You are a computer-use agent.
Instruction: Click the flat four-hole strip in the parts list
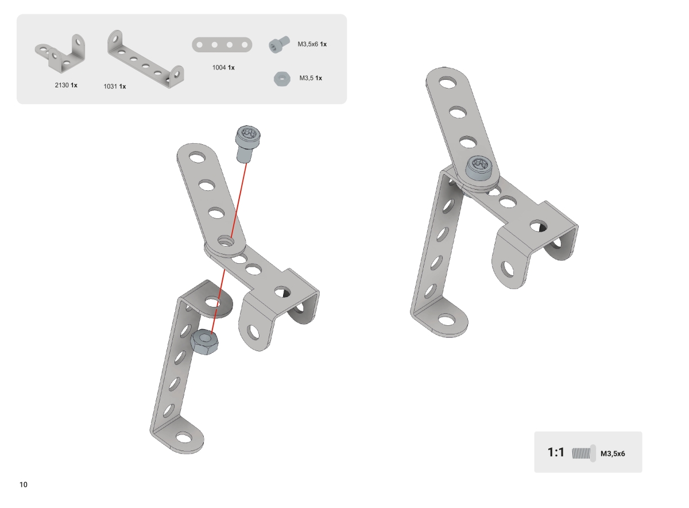coord(222,45)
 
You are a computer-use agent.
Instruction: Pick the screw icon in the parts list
coord(279,45)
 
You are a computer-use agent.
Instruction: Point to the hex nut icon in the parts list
coord(282,79)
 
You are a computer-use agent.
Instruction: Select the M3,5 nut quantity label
coord(311,78)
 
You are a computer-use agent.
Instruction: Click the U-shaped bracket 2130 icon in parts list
coord(60,54)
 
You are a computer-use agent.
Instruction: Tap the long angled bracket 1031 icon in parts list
coord(145,59)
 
